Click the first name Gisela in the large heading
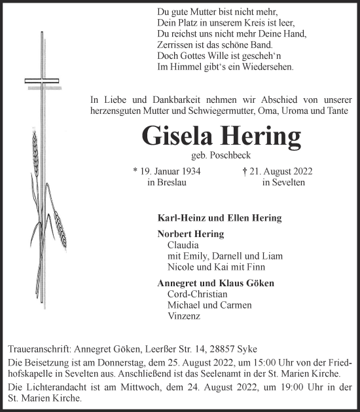181,136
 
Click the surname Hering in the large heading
261,136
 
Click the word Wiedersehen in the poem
265,67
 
